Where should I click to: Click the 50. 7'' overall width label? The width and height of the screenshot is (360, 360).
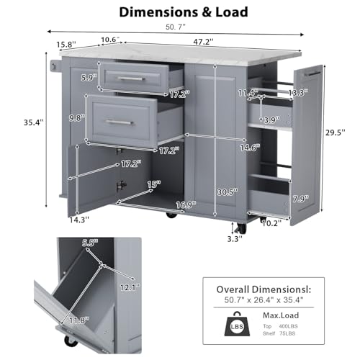[176, 27]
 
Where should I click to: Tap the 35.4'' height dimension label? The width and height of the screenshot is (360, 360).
[34, 122]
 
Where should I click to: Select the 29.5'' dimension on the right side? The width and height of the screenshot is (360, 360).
[336, 132]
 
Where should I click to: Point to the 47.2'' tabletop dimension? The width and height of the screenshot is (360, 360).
[204, 42]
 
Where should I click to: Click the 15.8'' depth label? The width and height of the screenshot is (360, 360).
[66, 45]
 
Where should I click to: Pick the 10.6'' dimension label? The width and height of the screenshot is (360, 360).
[110, 40]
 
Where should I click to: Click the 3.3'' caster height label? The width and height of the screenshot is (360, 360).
[235, 239]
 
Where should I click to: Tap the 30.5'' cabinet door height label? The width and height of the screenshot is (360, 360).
[228, 192]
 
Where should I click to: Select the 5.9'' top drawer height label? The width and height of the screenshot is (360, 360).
[89, 78]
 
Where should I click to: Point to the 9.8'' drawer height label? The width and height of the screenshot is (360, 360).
[77, 118]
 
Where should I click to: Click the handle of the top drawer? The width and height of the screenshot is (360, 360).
[132, 78]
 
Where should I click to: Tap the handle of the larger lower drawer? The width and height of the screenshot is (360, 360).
[120, 122]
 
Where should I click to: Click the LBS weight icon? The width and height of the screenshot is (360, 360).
[237, 323]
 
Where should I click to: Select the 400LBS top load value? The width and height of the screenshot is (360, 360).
[288, 326]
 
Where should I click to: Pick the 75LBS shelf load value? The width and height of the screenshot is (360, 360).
[287, 333]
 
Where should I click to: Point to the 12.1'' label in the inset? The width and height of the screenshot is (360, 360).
[130, 287]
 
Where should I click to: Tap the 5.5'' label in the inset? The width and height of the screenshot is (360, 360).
[90, 243]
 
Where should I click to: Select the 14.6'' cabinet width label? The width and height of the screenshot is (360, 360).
[250, 148]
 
